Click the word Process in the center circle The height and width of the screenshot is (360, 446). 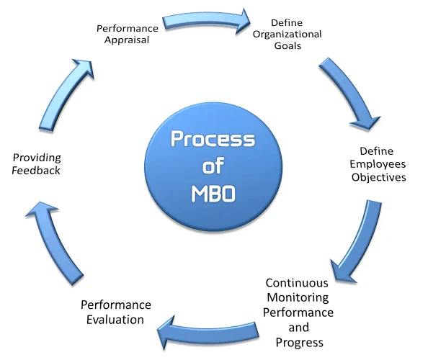pyautogui.click(x=212, y=139)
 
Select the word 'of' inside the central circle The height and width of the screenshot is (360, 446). pyautogui.click(x=212, y=167)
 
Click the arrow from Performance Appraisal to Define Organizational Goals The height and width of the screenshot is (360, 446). pyautogui.click(x=205, y=19)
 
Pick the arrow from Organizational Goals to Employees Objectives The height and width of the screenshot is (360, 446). pyautogui.click(x=349, y=90)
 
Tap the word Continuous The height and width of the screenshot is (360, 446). pyautogui.click(x=297, y=283)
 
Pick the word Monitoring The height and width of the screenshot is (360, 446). pyautogui.click(x=297, y=297)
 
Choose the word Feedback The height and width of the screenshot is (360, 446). pyautogui.click(x=36, y=171)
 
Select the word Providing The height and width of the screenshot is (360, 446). pyautogui.click(x=36, y=158)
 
